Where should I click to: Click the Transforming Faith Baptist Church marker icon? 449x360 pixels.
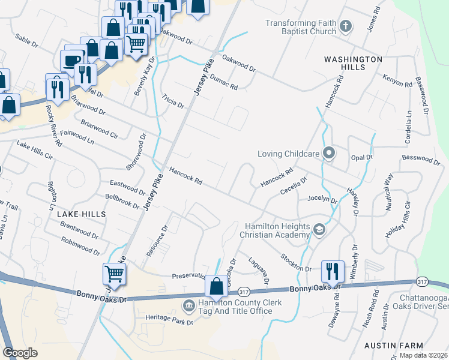coord(345,26)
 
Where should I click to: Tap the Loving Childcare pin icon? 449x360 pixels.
coord(328,154)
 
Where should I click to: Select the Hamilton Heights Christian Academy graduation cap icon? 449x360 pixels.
coord(319,230)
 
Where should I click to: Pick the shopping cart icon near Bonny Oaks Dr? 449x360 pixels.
coord(114,274)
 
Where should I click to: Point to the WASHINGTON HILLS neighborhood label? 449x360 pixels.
coord(353,64)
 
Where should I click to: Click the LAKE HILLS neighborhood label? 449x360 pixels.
coord(81,214)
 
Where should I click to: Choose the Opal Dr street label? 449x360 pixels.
coord(361,157)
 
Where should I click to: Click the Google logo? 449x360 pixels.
coord(20,353)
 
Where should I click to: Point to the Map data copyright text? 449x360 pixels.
coord(423,355)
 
